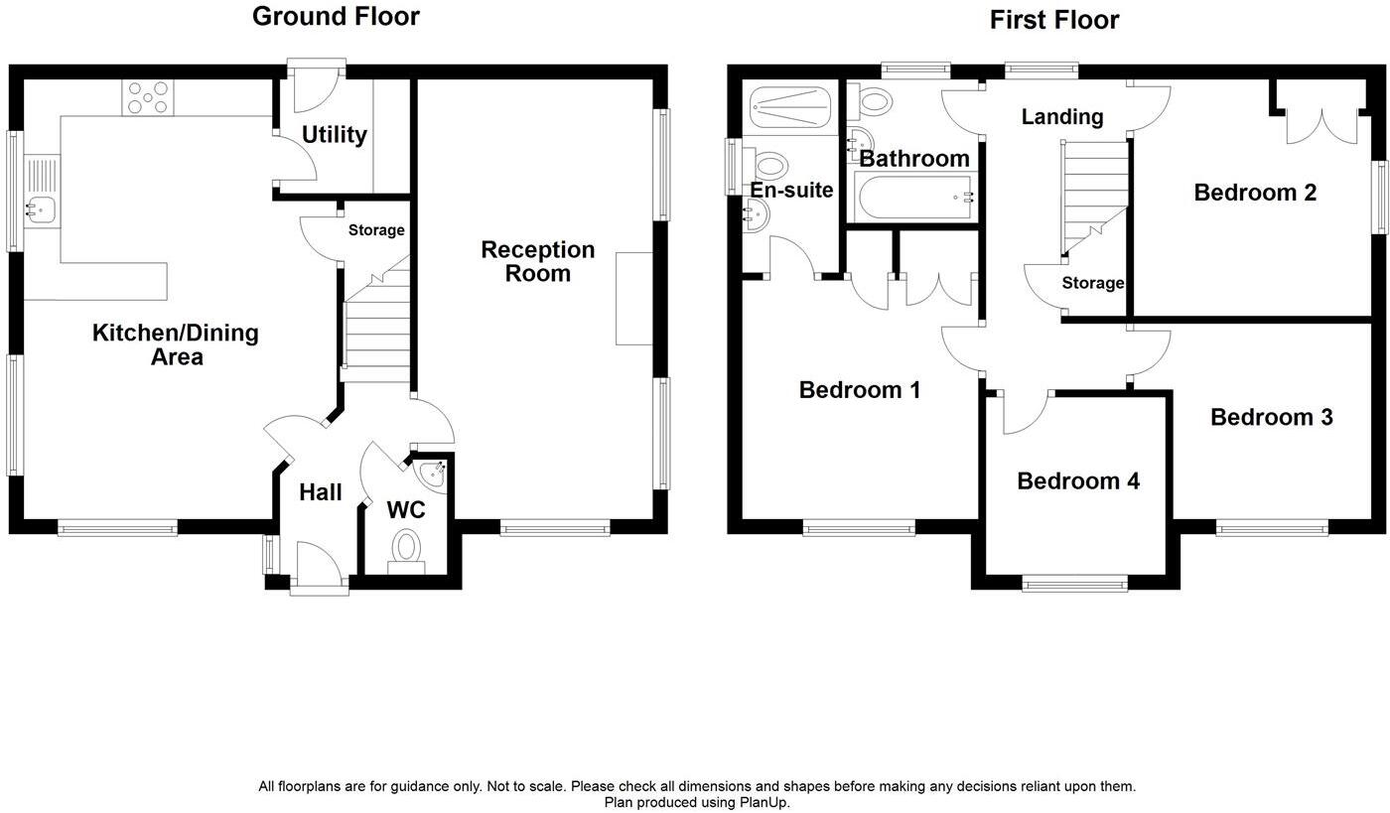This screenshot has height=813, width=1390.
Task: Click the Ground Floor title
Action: point(336,17)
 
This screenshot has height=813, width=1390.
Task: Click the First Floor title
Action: point(1053,20)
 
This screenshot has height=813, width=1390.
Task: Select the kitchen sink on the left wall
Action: point(42,207)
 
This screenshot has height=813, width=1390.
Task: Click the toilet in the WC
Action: point(405,547)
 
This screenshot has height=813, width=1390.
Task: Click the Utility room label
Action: point(335,135)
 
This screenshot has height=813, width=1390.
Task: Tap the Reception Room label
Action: point(537,262)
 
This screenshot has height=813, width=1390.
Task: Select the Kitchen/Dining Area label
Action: point(176,344)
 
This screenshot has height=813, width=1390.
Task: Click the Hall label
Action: point(321,492)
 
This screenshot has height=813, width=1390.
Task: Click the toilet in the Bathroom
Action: point(874,100)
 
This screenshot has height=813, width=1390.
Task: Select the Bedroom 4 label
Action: point(1078,481)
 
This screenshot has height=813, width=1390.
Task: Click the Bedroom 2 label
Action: point(1255,193)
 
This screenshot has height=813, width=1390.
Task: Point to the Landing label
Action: point(1062,117)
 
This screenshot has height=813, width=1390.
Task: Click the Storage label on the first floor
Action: point(1092,283)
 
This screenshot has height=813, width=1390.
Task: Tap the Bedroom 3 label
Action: point(1271,418)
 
